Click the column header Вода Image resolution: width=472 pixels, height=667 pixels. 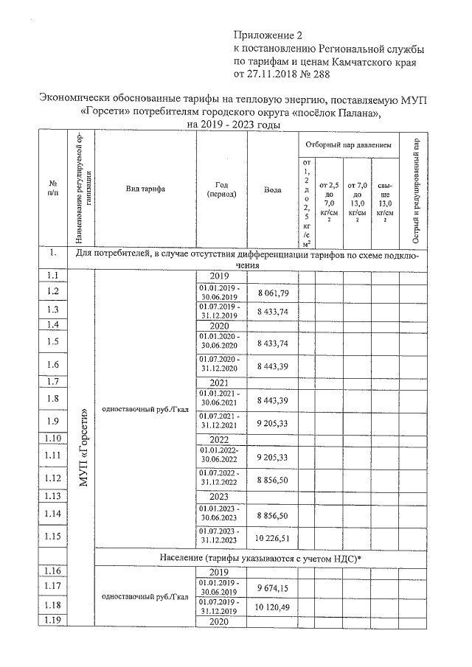coord(272,189)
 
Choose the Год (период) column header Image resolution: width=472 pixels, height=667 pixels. coord(221,189)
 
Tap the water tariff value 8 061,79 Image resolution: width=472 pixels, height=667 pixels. coord(272,293)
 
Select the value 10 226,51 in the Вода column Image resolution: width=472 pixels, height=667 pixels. coord(272,537)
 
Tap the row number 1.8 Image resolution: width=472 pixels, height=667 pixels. coord(52,399)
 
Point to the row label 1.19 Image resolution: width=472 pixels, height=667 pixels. coord(52,621)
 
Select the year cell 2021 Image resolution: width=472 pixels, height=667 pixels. coord(221,383)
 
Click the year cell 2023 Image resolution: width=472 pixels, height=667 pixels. coord(221,497)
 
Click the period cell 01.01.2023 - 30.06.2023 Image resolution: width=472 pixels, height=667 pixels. coord(221,514)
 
